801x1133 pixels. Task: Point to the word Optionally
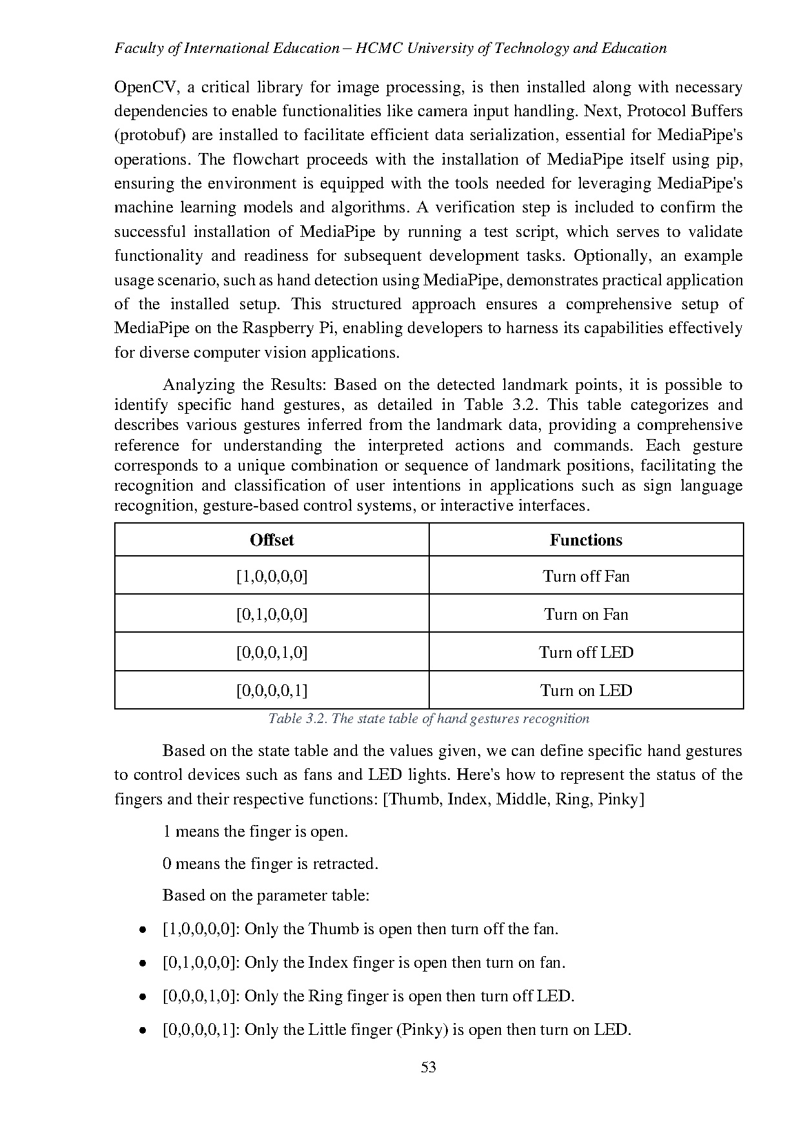coord(611,256)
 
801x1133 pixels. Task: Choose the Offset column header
coord(272,540)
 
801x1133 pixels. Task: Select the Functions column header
coord(586,540)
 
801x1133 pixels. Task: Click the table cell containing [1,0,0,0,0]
coord(272,576)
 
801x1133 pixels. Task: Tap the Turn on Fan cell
coord(586,614)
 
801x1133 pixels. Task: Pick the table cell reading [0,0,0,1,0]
coord(272,652)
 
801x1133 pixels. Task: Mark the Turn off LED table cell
coord(586,652)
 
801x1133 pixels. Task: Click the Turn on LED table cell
coord(586,690)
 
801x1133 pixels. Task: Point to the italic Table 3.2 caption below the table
coord(429,719)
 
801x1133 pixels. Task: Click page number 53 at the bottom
coord(429,1067)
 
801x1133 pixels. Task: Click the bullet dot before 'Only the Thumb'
coord(142,930)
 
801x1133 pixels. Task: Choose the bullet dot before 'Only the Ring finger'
coord(142,997)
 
